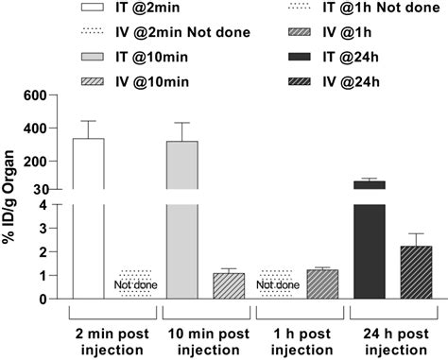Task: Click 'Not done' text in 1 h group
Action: pos(280,283)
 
